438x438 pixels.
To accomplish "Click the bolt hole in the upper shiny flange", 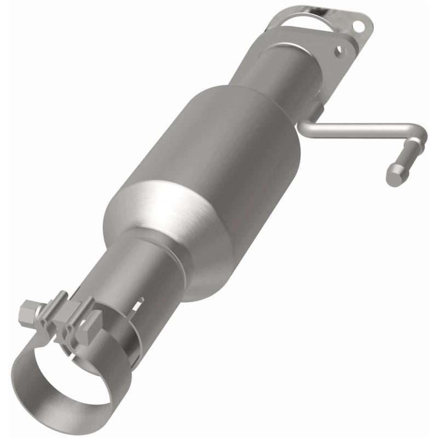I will (359, 25).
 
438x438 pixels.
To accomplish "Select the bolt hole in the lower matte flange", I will (340, 50).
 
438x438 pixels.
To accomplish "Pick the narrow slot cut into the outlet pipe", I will (141, 303).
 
